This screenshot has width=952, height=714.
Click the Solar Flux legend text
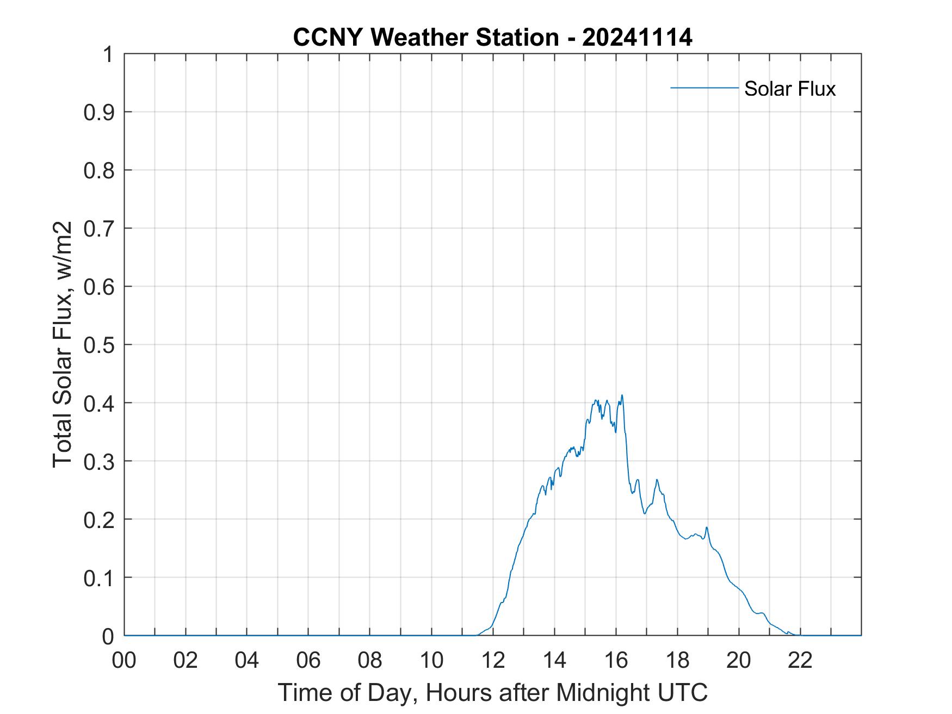click(x=789, y=89)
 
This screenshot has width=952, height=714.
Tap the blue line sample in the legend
click(x=704, y=88)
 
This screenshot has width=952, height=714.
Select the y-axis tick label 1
click(x=109, y=55)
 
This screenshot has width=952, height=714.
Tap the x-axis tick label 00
click(x=124, y=660)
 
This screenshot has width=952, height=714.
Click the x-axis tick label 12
click(x=493, y=660)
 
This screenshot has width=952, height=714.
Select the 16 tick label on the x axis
click(x=616, y=660)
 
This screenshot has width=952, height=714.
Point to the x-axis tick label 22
click(x=800, y=660)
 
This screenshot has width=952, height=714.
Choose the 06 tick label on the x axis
click(x=308, y=660)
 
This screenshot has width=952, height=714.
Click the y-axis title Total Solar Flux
click(x=63, y=345)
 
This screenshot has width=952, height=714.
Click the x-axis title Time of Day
click(x=492, y=693)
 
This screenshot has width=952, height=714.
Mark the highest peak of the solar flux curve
click(x=622, y=395)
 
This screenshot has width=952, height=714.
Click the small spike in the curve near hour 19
click(x=706, y=527)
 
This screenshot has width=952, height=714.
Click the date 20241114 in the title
click(x=637, y=38)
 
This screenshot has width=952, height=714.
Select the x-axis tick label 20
click(x=739, y=660)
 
